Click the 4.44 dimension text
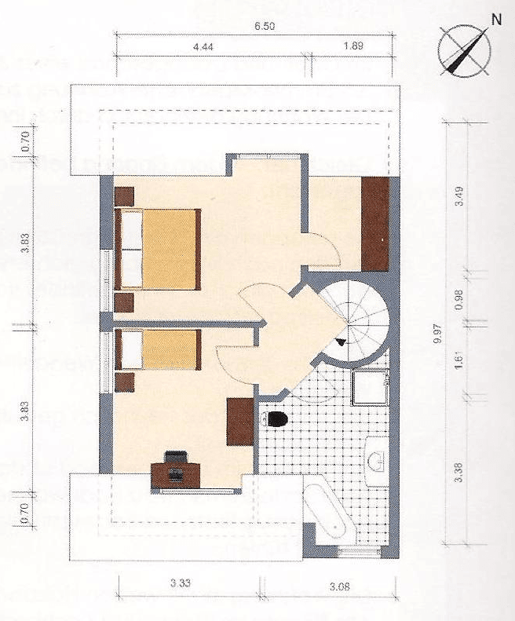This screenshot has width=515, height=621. [x=203, y=47]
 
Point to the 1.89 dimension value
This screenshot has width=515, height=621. [x=353, y=47]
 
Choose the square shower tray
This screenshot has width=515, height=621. [x=368, y=387]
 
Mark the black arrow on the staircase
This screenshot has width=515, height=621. [x=340, y=342]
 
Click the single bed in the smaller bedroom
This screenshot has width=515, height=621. [x=157, y=349]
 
